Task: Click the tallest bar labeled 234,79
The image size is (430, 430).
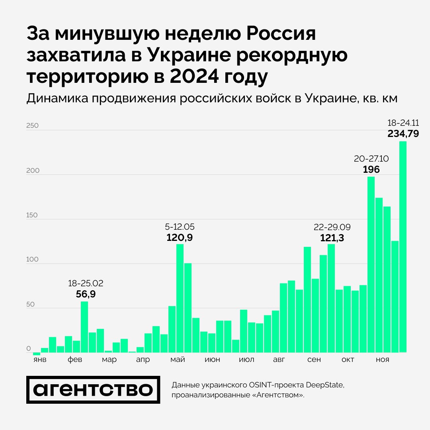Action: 403,247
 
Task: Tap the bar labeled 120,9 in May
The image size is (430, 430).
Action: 180,298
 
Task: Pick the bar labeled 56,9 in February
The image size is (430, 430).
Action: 84,327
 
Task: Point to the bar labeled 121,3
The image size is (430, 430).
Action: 331,298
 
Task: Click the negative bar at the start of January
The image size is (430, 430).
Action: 37,354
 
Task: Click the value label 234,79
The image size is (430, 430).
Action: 403,134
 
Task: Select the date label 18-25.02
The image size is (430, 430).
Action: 86,283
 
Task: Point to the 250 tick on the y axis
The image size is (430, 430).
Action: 32,126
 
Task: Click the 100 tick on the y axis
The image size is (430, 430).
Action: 32,260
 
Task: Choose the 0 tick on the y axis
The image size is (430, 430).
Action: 29,349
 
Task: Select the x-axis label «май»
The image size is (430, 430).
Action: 178,360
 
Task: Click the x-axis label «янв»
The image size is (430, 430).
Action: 39,360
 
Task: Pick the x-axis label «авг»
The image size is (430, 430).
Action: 279,360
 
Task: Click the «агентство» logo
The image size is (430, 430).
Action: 93,390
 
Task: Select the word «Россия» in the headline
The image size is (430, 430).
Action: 275,34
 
